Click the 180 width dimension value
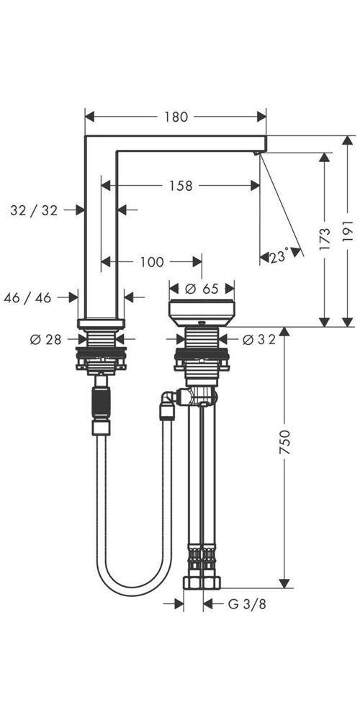pyautogui.click(x=176, y=117)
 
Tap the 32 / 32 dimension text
pyautogui.click(x=34, y=210)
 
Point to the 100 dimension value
pyautogui.click(x=151, y=262)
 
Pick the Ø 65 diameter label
pyautogui.click(x=201, y=289)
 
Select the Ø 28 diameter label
pyautogui.click(x=45, y=339)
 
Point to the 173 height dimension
pyautogui.click(x=325, y=238)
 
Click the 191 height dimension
pyautogui.click(x=349, y=230)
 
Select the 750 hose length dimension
pyautogui.click(x=285, y=449)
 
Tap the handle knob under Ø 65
pyautogui.click(x=201, y=310)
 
